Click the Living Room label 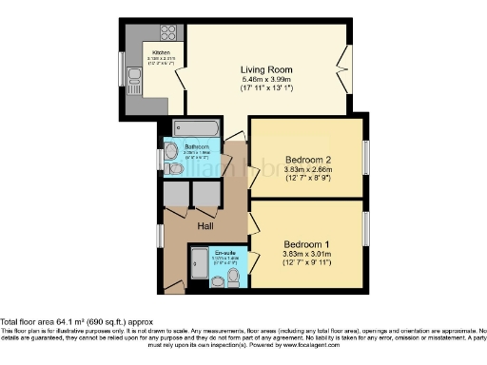click(x=265, y=69)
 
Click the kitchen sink click(x=133, y=84)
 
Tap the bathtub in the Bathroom click(x=197, y=128)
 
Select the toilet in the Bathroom click(x=174, y=167)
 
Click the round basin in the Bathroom click(x=171, y=149)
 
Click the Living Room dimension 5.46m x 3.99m click(x=265, y=81)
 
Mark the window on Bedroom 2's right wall click(x=365, y=157)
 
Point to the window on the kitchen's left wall click(x=121, y=69)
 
